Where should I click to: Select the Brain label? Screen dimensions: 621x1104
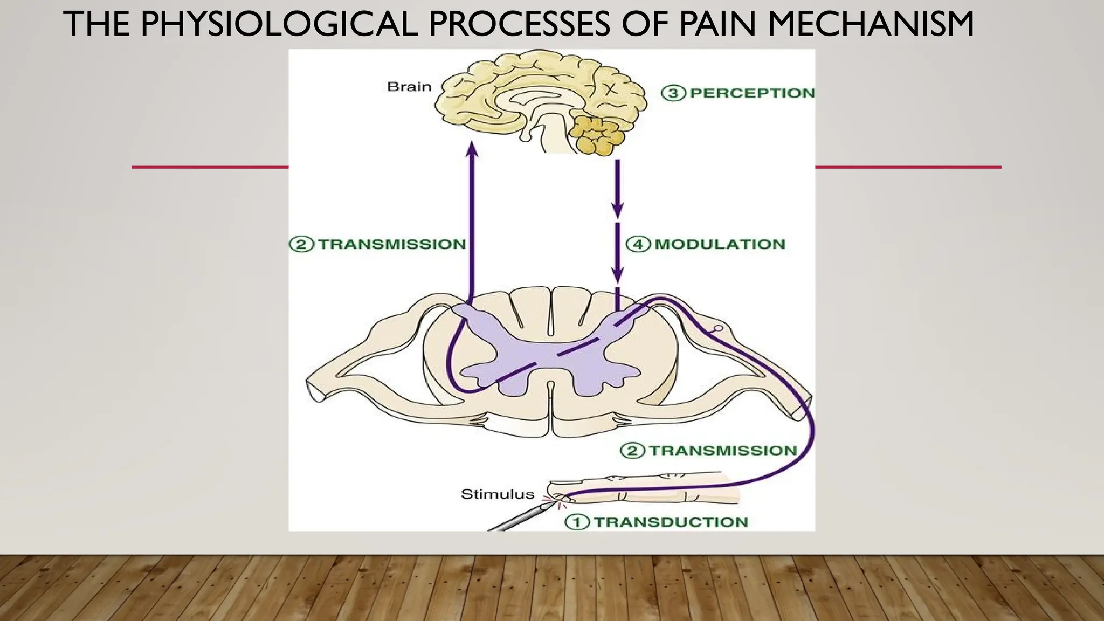click(409, 87)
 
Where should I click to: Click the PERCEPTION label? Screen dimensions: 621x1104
click(752, 93)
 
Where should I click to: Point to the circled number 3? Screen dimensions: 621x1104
click(673, 93)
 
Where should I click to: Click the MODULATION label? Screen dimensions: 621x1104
click(720, 244)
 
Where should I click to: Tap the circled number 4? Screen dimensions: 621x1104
click(638, 244)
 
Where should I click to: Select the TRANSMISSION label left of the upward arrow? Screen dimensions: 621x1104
click(392, 244)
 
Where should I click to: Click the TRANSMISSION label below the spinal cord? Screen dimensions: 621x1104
click(722, 451)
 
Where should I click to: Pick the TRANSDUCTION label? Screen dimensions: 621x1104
click(671, 522)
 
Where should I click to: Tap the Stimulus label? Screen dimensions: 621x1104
click(490, 494)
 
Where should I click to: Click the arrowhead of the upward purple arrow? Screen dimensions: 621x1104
click(472, 148)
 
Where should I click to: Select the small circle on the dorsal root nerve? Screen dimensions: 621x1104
click(717, 328)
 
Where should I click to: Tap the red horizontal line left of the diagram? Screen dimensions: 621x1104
click(210, 167)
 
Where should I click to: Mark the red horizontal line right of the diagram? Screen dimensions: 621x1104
click(908, 167)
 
